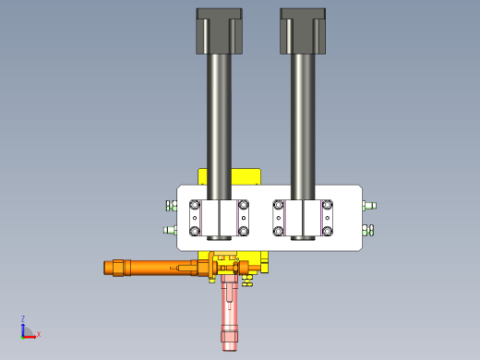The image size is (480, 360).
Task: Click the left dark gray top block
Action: tap(220, 31)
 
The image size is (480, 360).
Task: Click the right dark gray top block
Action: tap(303, 31)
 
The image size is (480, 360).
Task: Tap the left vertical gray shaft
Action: tap(219, 126)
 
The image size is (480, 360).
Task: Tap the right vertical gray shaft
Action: tap(303, 126)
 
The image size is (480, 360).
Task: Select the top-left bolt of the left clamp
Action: tap(195, 205)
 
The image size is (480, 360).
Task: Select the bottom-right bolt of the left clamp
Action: tap(244, 231)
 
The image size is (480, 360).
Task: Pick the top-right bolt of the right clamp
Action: tap(327, 205)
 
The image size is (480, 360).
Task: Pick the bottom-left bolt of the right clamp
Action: tap(279, 231)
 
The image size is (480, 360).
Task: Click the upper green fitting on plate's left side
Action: tap(172, 206)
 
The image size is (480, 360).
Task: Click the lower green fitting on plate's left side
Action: tap(170, 230)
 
